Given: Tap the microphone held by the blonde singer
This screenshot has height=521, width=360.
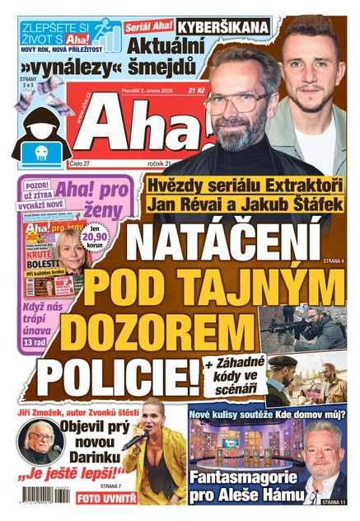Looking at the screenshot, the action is pyautogui.click(x=131, y=438).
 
